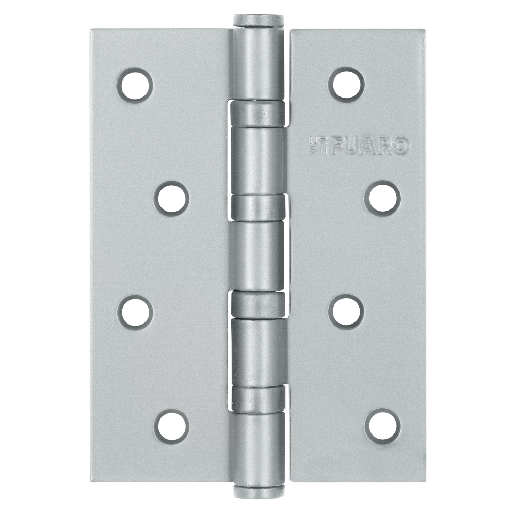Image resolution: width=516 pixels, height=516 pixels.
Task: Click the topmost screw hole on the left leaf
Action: (135, 84)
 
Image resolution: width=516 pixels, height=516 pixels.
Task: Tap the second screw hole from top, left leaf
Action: (171, 198)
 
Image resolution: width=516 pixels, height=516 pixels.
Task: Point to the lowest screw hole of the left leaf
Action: (171, 427)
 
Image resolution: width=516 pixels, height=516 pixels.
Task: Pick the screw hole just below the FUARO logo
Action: (382, 198)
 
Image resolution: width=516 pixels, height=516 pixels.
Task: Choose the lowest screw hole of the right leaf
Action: (382, 427)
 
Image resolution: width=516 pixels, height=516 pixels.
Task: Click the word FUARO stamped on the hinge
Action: (369, 146)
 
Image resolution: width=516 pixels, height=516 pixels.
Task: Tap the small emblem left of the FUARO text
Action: (315, 146)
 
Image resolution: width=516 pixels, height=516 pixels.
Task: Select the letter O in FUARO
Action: (401, 146)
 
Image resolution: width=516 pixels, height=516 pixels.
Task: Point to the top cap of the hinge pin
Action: (259, 21)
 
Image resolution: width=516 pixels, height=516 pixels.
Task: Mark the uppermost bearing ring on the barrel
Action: (256, 114)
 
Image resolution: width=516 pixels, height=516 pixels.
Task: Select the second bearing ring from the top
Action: (257, 207)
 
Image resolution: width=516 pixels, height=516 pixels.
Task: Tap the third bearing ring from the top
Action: (257, 304)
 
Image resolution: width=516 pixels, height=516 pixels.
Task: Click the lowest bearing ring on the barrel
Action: (257, 398)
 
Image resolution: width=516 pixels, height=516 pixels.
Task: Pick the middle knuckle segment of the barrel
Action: (257, 256)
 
